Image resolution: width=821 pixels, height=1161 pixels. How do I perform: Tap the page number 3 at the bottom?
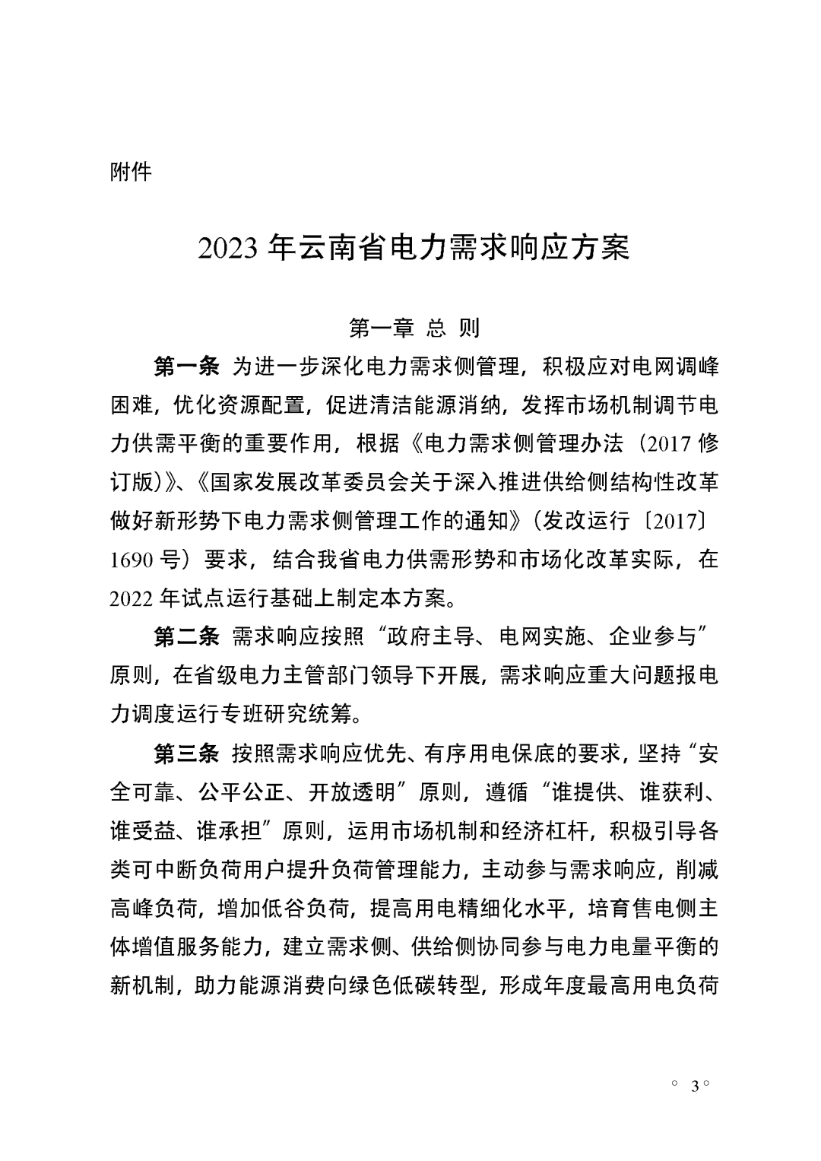(x=694, y=1085)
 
